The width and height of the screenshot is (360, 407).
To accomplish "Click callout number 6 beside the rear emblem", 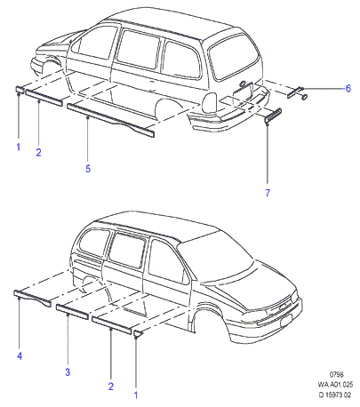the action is pos(348,88).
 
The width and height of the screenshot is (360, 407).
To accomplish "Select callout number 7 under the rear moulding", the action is pos(268,193).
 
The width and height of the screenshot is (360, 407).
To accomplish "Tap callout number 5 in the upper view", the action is pos(88,169).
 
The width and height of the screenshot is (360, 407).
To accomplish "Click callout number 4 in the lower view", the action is pos(20,355).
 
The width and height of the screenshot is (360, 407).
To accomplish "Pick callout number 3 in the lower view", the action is pos(68,372).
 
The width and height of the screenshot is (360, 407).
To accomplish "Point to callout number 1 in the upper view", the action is pos(18,147).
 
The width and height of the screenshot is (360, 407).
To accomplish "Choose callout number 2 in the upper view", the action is pos(38,153).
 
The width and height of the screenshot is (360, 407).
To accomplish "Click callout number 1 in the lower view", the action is pos(136,395).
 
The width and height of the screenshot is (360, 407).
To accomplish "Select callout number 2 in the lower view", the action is pos(111,387).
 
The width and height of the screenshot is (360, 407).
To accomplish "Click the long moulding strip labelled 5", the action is pos(110,120).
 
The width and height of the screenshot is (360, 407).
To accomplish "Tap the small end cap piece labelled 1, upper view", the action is pos(20,90).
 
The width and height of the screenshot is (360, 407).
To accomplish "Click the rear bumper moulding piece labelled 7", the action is pos(273,116).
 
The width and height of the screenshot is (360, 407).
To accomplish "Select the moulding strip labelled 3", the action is pos(72,312).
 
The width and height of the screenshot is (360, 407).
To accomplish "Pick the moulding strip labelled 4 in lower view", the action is pos(32,299).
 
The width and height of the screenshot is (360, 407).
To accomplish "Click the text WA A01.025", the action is pos(335,385).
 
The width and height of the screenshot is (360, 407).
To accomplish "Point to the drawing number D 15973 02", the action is pos(335,395).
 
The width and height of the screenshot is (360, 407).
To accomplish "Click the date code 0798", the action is pos(337,375).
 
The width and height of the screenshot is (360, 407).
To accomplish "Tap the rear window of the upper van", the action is pos(234,58).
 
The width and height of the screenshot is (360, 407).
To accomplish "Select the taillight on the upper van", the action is pos(211,102).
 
